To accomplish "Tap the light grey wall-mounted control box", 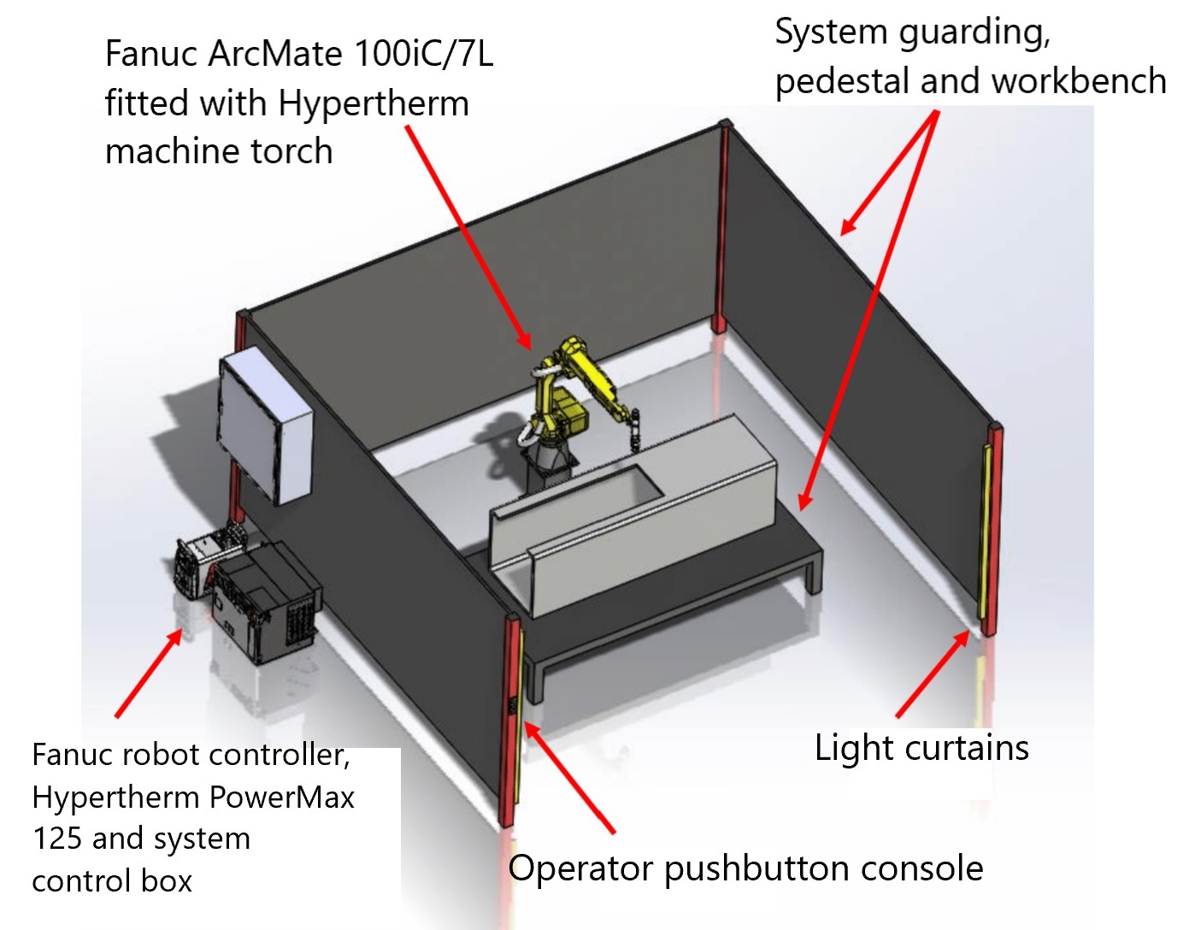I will tap(266, 426).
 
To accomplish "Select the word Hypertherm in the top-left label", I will tap(374, 103).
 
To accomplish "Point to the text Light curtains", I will tap(921, 748).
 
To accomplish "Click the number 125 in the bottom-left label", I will tap(58, 839).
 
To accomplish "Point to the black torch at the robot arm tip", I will tap(633, 432).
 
